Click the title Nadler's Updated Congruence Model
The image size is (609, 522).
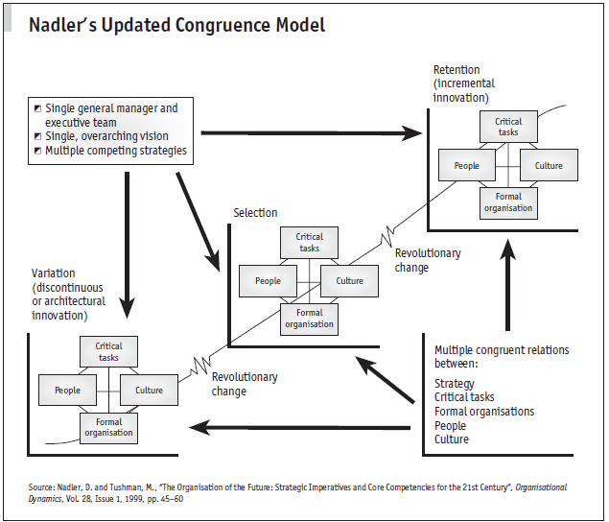coord(176,24)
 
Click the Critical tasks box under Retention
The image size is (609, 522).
coord(507,127)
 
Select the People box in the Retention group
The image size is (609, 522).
coord(466,166)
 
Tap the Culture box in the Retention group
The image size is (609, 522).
coord(549,166)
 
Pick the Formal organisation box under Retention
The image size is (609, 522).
coord(507,202)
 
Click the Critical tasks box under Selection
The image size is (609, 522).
coord(309,242)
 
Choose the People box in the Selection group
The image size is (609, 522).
coord(268,281)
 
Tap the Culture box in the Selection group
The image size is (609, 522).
coord(350,281)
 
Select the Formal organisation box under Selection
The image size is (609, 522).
coord(309,319)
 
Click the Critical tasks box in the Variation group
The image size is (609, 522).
coord(108,351)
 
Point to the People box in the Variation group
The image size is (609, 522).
coord(67,391)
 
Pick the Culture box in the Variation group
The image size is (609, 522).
coord(149,391)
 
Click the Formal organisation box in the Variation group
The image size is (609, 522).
coord(108,427)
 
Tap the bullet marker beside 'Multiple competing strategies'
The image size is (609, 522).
coord(37,151)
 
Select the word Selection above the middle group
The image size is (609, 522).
coord(255,212)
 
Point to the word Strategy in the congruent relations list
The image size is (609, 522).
coord(455,384)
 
